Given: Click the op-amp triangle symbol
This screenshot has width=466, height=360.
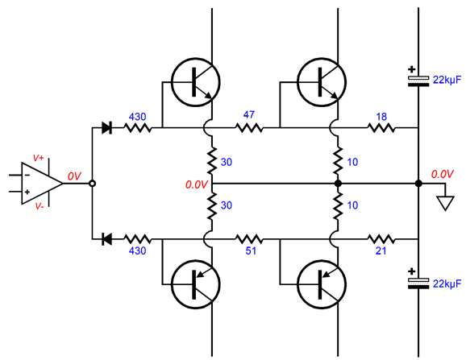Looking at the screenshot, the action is (x=42, y=184).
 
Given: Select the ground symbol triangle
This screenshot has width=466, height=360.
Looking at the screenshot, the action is (x=445, y=204).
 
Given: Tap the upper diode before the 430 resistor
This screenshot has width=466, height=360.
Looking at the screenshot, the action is (x=106, y=128).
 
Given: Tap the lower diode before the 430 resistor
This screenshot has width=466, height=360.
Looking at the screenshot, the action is (x=106, y=239).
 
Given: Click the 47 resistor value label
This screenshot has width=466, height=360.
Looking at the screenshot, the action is (x=249, y=115).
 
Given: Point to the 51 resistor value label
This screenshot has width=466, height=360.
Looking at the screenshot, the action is (x=251, y=251).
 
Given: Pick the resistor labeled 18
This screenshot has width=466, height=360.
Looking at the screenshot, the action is (x=381, y=128).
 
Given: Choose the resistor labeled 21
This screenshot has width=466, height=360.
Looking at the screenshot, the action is (x=381, y=239).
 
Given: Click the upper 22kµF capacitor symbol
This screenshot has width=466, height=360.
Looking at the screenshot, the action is (x=418, y=81).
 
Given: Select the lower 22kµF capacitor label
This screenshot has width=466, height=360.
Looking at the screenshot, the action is (x=447, y=284).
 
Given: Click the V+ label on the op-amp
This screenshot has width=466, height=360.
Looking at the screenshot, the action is (x=38, y=158).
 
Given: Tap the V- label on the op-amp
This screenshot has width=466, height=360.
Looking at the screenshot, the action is (x=40, y=206).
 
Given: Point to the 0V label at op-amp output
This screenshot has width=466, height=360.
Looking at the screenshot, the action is (x=74, y=176).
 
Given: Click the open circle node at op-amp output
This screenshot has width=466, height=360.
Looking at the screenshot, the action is (x=93, y=184).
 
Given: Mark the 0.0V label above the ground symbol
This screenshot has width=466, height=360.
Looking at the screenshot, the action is (x=443, y=174).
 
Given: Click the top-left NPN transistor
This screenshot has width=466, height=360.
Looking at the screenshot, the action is (x=196, y=82).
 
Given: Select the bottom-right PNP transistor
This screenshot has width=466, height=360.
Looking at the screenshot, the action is (x=322, y=284).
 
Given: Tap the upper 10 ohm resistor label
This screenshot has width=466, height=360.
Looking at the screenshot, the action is (x=352, y=162).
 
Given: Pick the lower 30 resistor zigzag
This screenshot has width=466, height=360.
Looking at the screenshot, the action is (x=211, y=205).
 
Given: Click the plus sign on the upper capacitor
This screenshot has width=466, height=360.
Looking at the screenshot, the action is (x=412, y=70).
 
